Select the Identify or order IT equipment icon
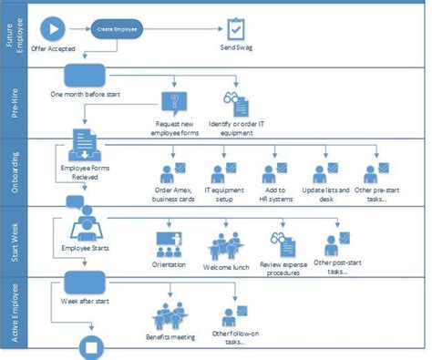point(233,102)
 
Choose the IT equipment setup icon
point(222,173)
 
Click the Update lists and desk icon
point(326,173)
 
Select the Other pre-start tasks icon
point(376,173)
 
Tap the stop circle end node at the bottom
point(91,346)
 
